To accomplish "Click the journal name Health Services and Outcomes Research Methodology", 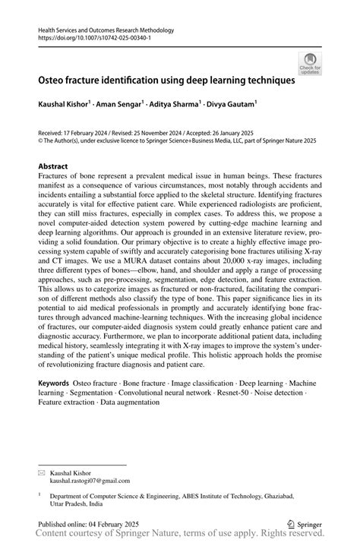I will tap(106, 30).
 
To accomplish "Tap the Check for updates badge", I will tap(309, 64).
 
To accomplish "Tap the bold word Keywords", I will tap(58, 384).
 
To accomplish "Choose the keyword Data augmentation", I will tap(125, 402).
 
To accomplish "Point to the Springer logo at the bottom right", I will tap(305, 523).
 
